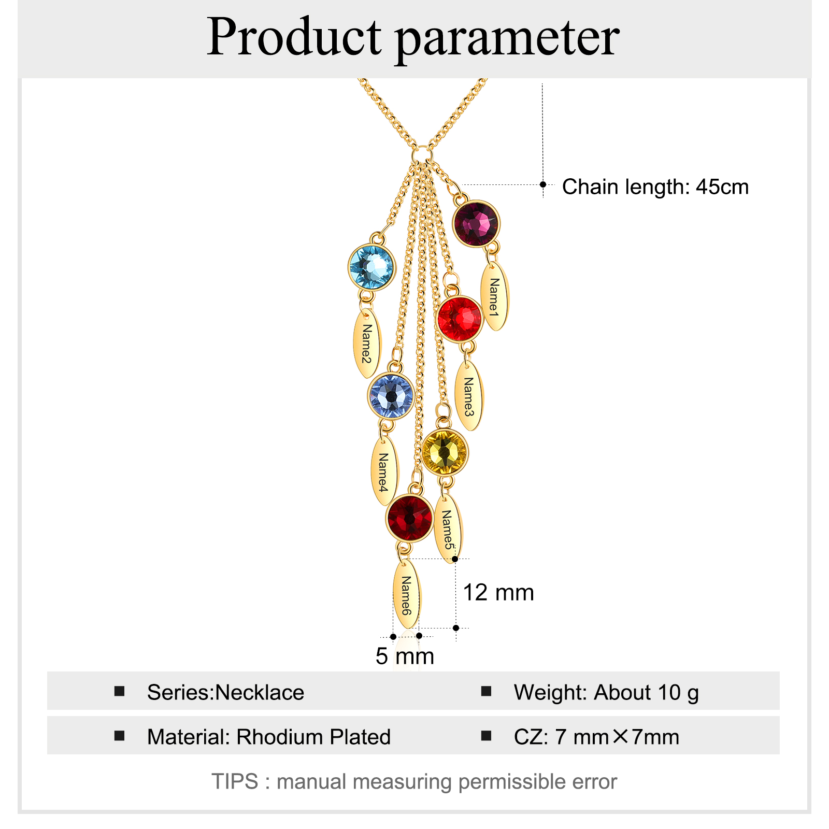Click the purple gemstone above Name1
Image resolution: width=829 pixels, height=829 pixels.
[476, 223]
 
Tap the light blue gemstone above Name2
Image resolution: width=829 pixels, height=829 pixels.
[371, 267]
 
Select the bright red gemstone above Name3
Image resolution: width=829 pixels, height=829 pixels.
[460, 319]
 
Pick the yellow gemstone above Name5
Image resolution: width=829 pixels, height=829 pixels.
[444, 452]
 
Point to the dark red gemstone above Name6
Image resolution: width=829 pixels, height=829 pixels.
[409, 518]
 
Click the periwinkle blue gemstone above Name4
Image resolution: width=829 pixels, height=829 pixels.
[391, 396]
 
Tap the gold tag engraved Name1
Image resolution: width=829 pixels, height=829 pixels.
[495, 297]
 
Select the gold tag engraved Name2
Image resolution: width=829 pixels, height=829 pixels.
[367, 344]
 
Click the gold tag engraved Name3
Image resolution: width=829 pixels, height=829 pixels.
[468, 396]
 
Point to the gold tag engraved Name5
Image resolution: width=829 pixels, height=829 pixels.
[447, 529]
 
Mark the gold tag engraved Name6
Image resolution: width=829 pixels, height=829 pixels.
[407, 595]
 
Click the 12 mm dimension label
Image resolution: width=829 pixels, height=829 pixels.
[498, 592]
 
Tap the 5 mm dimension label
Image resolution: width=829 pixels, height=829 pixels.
[405, 656]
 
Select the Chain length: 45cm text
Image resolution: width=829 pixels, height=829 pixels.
[655, 187]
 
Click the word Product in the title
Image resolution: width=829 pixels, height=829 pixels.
[294, 37]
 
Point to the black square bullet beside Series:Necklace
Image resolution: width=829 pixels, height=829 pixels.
[120, 691]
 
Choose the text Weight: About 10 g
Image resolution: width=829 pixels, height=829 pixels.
[606, 692]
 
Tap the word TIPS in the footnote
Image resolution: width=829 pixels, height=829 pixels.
[235, 781]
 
